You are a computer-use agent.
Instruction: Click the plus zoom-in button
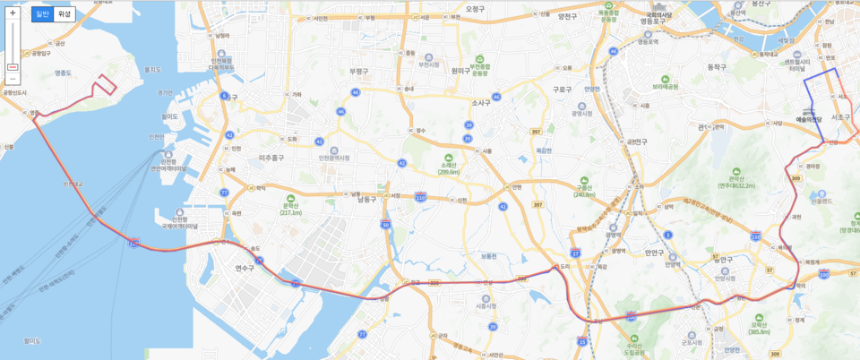(13, 13)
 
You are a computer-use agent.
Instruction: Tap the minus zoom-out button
(13, 79)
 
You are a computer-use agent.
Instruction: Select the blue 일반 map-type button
(42, 13)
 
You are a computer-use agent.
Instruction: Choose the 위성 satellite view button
(64, 13)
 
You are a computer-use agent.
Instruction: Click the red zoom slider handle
(13, 67)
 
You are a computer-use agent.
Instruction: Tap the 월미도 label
(170, 116)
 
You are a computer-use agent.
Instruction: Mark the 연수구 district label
(245, 268)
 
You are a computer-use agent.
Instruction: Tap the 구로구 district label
(562, 89)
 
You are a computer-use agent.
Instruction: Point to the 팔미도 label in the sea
(33, 339)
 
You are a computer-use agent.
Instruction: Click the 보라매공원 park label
(665, 86)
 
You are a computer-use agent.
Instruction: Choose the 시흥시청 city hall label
(486, 306)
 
